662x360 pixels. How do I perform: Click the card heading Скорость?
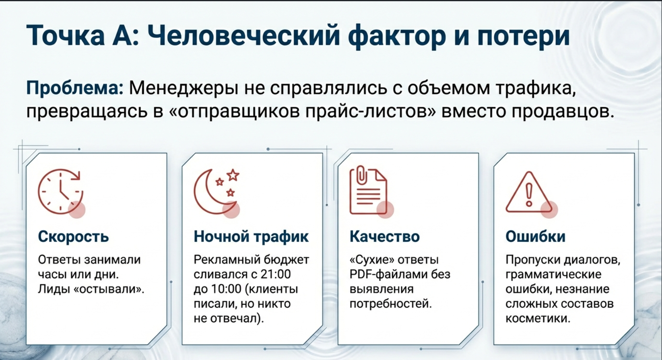tap(73, 236)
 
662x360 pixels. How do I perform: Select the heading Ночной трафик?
tap(251, 236)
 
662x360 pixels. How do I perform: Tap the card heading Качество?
tap(384, 236)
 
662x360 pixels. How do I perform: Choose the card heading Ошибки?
tap(535, 236)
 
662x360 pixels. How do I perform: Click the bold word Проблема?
tap(75, 88)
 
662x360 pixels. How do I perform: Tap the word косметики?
tap(538, 318)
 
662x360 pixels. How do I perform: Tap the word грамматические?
tap(553, 275)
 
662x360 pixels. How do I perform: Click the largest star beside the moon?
tap(233, 175)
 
